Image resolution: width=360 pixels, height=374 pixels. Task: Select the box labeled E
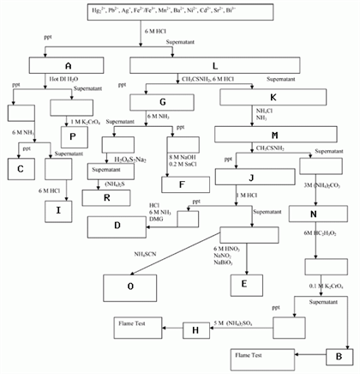[x=245, y=283]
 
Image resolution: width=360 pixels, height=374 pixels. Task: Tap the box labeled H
[x=195, y=330]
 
